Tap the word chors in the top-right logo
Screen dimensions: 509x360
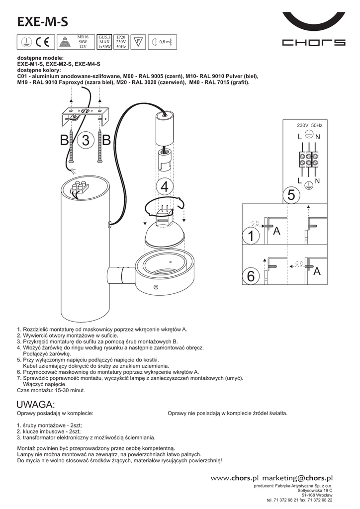coord(313,43)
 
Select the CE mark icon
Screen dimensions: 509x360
coord(44,42)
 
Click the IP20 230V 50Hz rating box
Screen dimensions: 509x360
coord(121,42)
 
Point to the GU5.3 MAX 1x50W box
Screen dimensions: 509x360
coord(104,42)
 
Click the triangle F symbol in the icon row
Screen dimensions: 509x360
coord(139,42)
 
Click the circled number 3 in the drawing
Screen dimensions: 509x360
coord(86,141)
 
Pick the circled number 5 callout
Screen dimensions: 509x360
coord(291,195)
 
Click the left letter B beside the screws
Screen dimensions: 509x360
coord(65,141)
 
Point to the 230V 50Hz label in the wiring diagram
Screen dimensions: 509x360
coord(309,126)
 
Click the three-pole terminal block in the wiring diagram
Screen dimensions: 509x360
coord(308,159)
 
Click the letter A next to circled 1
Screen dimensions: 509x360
coord(277,231)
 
